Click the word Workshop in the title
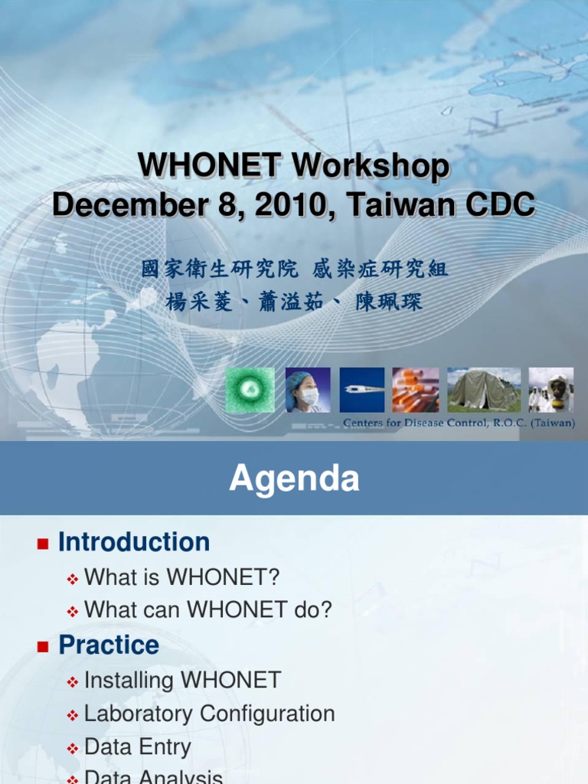[371, 168]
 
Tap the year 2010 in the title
[296, 204]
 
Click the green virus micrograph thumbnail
[250, 390]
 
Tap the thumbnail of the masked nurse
[308, 390]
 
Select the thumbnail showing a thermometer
[361, 390]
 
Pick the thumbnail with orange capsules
[415, 390]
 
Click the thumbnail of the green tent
[483, 390]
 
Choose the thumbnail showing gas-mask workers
[550, 390]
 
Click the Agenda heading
[294, 479]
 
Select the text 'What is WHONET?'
[181, 577]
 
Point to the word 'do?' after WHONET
[315, 610]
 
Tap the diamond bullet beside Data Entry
[73, 749]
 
